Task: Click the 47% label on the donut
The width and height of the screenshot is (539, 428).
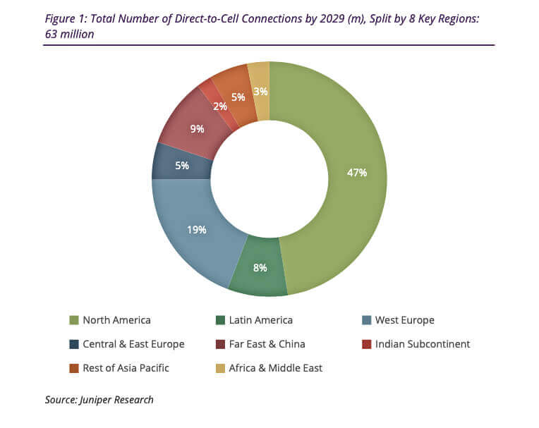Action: point(356,172)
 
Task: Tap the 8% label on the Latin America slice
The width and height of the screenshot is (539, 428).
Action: point(260,267)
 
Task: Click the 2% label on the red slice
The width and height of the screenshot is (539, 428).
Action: point(221,106)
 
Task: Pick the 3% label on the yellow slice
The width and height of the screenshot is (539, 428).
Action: point(260,91)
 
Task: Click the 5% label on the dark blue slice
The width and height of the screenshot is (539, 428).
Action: point(182,166)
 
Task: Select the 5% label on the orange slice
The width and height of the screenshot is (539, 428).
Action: point(238,97)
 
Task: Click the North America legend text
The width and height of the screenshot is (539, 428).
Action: point(116,320)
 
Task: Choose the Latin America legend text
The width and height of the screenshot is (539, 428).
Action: point(260,320)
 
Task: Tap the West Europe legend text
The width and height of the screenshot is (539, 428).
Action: point(405,320)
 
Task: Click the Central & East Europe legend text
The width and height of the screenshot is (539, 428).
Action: point(133,344)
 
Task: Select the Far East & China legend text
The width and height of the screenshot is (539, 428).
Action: point(266,344)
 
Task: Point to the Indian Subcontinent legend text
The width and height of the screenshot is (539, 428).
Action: point(423,344)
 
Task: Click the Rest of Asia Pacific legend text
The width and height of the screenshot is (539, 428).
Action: point(126,367)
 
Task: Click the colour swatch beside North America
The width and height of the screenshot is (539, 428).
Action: point(74,320)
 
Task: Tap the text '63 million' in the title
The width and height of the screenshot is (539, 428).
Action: point(71,34)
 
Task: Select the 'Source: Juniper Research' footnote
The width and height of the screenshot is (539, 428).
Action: point(99,400)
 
